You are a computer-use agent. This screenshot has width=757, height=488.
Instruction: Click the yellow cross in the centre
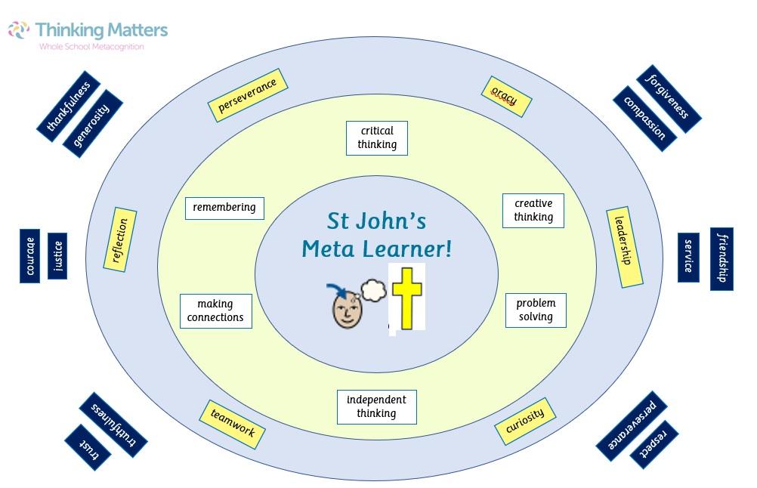(406, 296)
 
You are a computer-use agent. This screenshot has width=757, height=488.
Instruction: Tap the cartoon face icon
(348, 309)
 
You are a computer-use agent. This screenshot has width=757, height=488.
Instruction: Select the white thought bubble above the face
(372, 289)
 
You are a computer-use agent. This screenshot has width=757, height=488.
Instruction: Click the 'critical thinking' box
(376, 137)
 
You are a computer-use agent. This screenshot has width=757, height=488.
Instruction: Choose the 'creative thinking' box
(533, 210)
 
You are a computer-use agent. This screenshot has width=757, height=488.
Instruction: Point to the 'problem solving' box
(536, 310)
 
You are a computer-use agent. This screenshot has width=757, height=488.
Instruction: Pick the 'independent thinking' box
(376, 406)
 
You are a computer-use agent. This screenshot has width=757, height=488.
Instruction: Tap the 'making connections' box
(215, 310)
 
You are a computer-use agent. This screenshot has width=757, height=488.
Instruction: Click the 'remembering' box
(224, 208)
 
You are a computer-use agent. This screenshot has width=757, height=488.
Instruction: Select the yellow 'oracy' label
(506, 97)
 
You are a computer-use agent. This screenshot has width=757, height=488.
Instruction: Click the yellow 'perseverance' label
(247, 96)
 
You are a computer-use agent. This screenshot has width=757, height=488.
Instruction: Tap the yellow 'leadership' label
(625, 247)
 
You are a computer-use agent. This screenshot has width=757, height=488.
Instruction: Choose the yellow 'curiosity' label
(525, 422)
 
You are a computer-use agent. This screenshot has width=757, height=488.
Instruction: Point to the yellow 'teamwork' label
(233, 422)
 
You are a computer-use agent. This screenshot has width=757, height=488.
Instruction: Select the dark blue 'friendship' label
(721, 258)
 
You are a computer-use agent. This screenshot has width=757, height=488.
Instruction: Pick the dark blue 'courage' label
(29, 257)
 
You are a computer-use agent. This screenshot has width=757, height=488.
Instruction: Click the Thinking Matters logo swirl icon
(19, 31)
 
